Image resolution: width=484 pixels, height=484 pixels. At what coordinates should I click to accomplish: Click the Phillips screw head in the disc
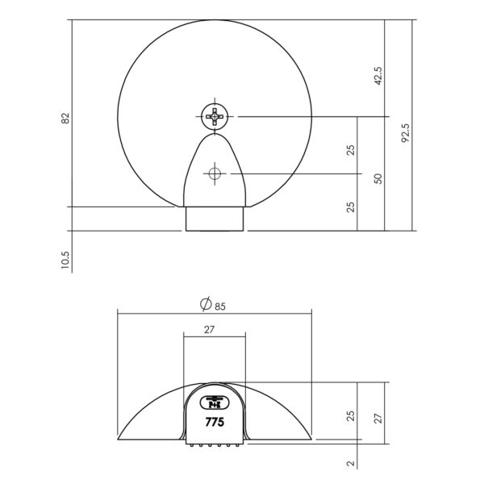[x=215, y=117]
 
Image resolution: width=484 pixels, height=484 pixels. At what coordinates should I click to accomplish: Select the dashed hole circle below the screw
[x=215, y=173]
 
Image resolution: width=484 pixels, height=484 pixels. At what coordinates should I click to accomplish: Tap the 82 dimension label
[x=65, y=119]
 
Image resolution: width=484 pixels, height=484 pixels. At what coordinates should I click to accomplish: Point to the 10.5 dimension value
[x=65, y=260]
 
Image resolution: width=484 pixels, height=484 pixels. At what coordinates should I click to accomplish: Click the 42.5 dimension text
[x=378, y=76]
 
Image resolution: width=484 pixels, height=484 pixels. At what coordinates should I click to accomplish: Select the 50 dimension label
[x=378, y=179]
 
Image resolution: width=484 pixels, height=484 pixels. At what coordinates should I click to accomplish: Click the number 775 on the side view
[x=215, y=422]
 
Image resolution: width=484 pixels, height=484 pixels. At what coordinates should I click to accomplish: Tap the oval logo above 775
[x=215, y=403]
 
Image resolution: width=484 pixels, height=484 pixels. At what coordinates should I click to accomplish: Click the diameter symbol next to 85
[x=206, y=304]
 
